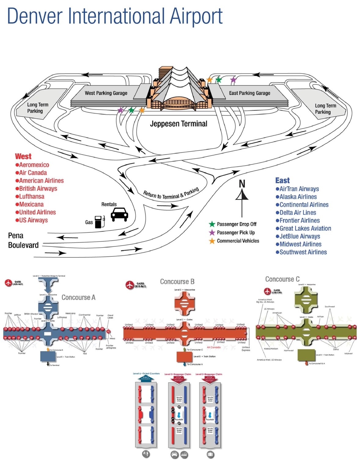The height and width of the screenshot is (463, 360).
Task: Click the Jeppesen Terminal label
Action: [178, 124]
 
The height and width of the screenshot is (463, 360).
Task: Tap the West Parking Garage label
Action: [106, 93]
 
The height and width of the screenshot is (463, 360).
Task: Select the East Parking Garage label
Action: [250, 93]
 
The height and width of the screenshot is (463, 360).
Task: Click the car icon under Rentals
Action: [119, 214]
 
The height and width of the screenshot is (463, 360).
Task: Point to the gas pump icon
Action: [99, 222]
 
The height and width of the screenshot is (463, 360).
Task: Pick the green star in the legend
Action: [212, 224]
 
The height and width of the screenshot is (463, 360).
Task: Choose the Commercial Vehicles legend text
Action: [238, 241]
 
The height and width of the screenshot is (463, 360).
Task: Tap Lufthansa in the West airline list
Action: [31, 197]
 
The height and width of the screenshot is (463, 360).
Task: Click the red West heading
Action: [23, 157]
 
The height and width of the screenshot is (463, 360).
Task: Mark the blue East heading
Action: [282, 180]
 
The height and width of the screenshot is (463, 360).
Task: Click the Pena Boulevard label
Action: [23, 240]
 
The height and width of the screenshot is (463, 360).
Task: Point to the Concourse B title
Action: [177, 282]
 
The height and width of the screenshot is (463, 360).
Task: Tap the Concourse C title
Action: [282, 279]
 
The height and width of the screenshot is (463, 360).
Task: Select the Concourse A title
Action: [79, 298]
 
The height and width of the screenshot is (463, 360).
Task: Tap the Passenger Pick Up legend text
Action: [236, 233]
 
